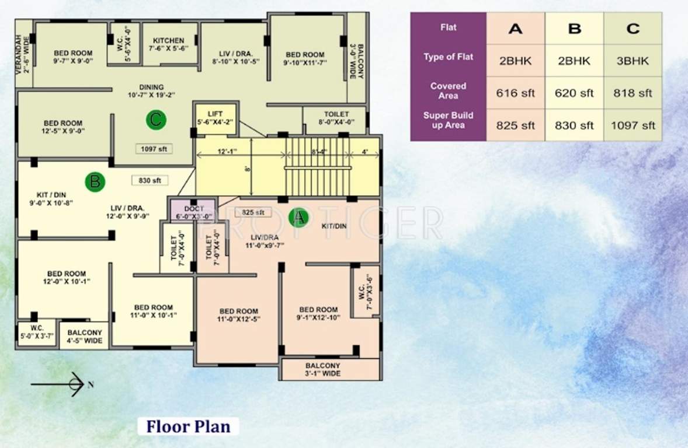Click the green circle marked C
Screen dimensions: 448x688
(x=155, y=120)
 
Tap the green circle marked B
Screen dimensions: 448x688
(x=95, y=181)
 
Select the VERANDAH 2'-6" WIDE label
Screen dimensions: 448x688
(x=23, y=54)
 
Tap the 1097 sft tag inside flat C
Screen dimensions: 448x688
(x=154, y=149)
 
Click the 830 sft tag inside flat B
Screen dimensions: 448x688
(x=150, y=181)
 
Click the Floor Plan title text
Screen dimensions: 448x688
(x=188, y=426)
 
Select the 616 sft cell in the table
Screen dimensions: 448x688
(x=515, y=93)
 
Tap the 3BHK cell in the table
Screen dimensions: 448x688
(x=633, y=61)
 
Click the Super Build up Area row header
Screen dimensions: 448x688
(x=448, y=120)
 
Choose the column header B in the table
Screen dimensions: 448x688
(x=574, y=29)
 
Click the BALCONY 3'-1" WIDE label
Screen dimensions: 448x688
(x=322, y=369)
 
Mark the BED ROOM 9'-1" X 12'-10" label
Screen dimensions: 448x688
(x=318, y=314)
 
